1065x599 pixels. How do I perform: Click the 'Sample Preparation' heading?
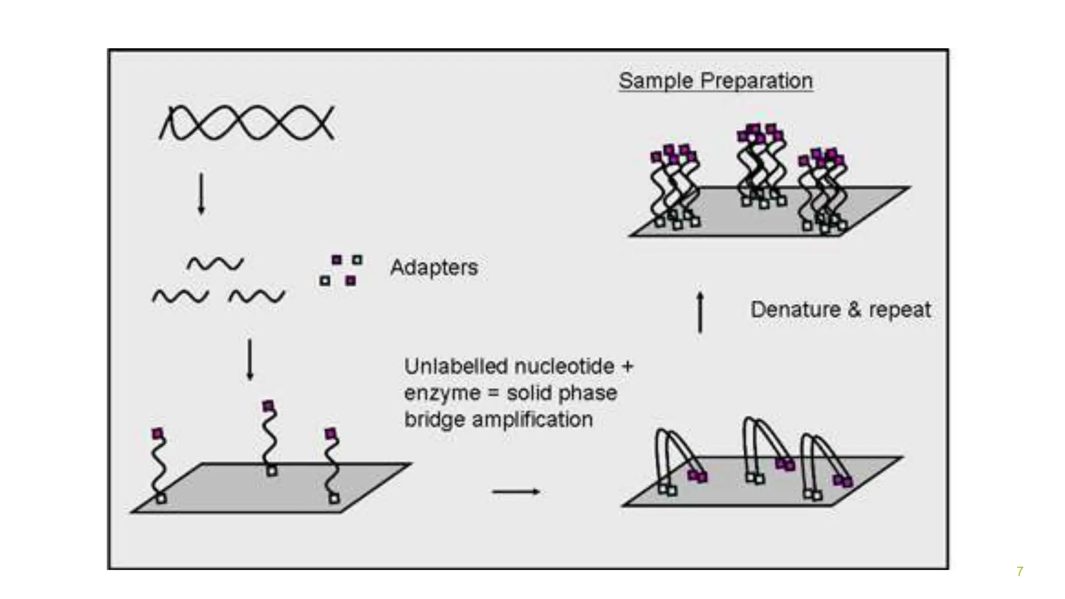(x=716, y=81)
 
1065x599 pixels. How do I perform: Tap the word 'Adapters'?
(x=434, y=267)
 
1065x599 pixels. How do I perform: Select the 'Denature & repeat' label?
(x=840, y=310)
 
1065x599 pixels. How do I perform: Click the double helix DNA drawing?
(x=246, y=123)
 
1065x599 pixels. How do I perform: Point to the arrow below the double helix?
(x=201, y=193)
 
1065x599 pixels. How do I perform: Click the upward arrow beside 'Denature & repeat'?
(x=700, y=312)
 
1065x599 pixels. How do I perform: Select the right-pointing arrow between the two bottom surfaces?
(x=516, y=491)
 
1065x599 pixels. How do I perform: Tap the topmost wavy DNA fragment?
(x=215, y=264)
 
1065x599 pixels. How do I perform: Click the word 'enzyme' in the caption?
(x=442, y=393)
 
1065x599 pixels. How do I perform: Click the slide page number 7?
(x=1020, y=571)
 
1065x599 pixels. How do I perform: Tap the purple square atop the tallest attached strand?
(x=268, y=406)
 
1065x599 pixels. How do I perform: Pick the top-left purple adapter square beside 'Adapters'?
(x=337, y=259)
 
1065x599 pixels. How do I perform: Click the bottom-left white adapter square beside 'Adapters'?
(x=325, y=281)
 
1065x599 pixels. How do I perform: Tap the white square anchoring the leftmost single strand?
(x=162, y=499)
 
